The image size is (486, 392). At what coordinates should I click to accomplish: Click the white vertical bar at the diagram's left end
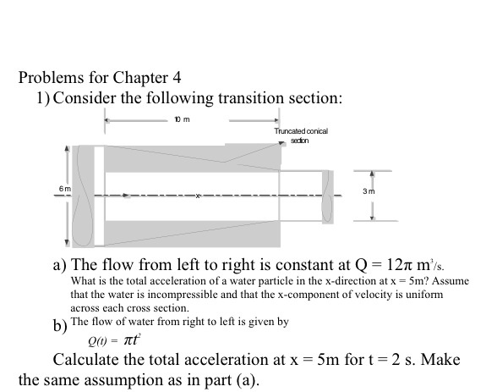[x=99, y=195]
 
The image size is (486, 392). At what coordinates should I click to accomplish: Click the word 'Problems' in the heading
[x=52, y=78]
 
